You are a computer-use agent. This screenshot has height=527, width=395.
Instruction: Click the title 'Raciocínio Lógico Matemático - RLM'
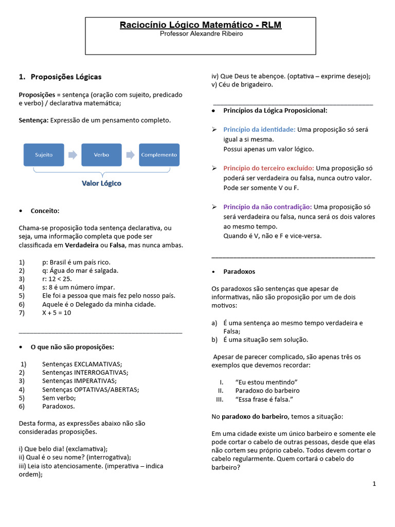click(x=201, y=25)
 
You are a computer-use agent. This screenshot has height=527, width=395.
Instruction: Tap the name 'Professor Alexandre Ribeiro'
click(x=201, y=34)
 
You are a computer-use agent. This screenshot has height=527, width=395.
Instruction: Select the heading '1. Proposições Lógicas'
click(x=60, y=77)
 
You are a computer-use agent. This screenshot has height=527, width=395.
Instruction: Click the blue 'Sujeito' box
click(x=44, y=154)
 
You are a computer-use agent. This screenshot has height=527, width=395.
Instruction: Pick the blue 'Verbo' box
click(x=101, y=154)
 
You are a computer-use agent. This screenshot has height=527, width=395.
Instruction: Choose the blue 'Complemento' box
click(x=159, y=154)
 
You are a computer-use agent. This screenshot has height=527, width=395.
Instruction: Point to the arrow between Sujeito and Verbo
click(x=73, y=154)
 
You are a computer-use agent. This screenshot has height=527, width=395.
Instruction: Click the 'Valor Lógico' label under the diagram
click(x=101, y=183)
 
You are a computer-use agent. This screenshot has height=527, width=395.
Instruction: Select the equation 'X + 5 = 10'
click(x=57, y=312)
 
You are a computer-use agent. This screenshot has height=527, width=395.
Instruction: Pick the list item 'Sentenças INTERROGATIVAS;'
click(x=85, y=372)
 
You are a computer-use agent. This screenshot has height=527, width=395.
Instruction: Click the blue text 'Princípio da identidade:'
click(x=259, y=130)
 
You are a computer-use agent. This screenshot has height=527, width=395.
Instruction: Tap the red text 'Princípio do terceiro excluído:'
click(x=268, y=168)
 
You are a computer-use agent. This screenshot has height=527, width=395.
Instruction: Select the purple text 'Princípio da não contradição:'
click(x=267, y=207)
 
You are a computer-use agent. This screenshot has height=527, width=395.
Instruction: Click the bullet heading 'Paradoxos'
click(x=239, y=271)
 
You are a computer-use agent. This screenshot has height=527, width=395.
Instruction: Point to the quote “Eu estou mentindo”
click(x=267, y=382)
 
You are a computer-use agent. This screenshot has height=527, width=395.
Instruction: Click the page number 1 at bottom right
click(x=374, y=484)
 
